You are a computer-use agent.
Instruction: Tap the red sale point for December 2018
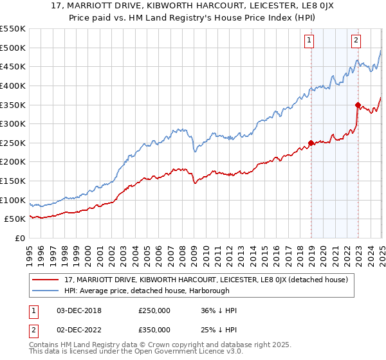(311, 143)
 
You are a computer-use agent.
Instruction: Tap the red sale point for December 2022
(358, 105)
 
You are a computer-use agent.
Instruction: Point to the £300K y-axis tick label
(13, 123)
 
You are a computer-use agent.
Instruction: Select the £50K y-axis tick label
(15, 219)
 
